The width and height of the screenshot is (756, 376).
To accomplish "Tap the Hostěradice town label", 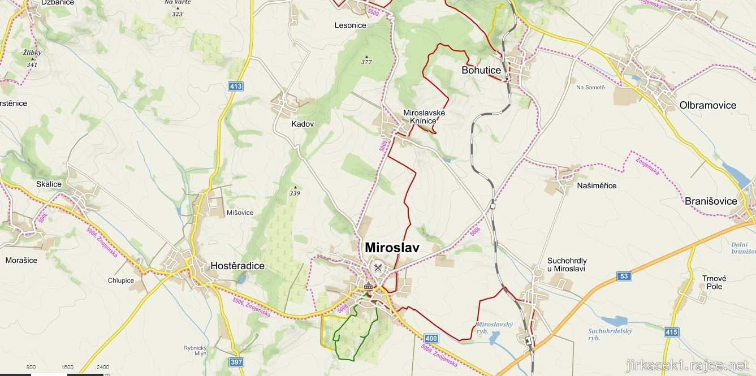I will (x=237, y=266).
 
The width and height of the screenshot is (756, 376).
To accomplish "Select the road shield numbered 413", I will (x=236, y=87).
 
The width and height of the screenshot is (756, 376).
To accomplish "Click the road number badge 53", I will (x=624, y=276).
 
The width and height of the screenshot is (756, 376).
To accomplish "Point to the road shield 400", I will (x=430, y=339).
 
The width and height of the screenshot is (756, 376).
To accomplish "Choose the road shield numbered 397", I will (x=237, y=361).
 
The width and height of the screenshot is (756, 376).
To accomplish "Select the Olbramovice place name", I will (x=707, y=105).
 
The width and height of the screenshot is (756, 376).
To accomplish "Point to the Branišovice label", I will (x=711, y=201).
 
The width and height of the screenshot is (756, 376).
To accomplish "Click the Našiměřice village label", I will (x=597, y=185).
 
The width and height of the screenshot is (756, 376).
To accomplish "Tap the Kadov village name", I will (x=303, y=124).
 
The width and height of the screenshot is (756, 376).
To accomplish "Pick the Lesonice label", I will (x=350, y=25).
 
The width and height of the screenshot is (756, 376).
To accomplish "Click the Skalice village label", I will (x=49, y=184).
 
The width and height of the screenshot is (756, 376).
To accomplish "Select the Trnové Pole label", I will (x=714, y=282).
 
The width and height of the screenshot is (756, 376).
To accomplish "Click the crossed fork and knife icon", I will (x=378, y=267).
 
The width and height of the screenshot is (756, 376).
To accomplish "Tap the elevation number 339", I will (x=295, y=193).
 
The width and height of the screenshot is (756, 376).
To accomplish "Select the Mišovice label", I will (x=240, y=213).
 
